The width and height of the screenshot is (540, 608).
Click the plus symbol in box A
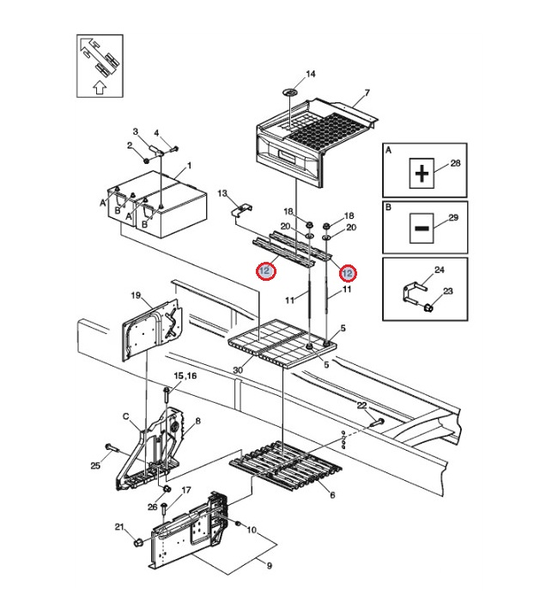click(421, 174)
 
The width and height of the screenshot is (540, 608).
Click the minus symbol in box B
click(421, 228)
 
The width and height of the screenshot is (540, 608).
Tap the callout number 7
click(367, 93)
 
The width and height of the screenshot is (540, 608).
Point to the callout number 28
click(456, 163)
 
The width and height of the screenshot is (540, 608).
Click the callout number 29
click(454, 218)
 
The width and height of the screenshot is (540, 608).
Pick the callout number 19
click(136, 295)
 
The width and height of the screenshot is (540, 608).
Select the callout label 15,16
click(185, 376)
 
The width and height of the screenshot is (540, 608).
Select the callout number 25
click(95, 465)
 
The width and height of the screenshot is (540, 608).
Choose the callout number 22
click(361, 405)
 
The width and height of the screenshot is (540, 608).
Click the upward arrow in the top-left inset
click(99, 86)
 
